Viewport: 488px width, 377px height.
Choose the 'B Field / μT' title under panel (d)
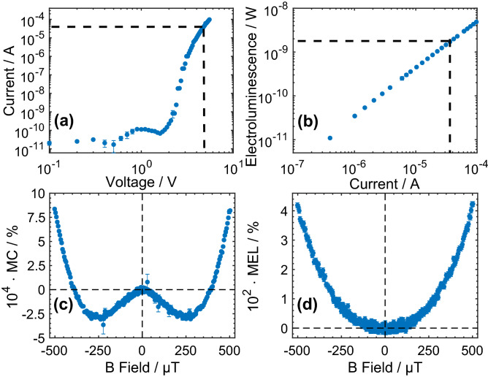[x=384, y=368]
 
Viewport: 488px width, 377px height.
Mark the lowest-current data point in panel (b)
[x=329, y=137]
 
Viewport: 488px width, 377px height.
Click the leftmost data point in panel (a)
[x=49, y=143]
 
